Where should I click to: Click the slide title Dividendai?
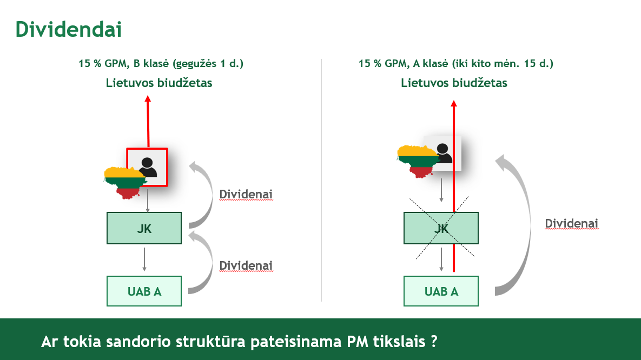(68, 29)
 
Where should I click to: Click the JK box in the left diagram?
(144, 228)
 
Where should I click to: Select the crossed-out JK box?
(441, 228)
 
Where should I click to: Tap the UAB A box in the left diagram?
(144, 291)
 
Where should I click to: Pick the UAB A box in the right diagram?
(441, 291)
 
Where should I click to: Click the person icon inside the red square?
(147, 167)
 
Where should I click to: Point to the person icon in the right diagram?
(444, 153)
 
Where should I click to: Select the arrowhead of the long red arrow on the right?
(454, 103)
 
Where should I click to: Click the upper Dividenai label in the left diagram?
(246, 194)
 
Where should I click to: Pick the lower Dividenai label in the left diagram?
(246, 265)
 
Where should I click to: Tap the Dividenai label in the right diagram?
(571, 223)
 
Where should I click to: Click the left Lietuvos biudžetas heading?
(159, 83)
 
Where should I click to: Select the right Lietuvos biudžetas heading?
(454, 83)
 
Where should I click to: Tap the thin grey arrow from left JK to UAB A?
(144, 259)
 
